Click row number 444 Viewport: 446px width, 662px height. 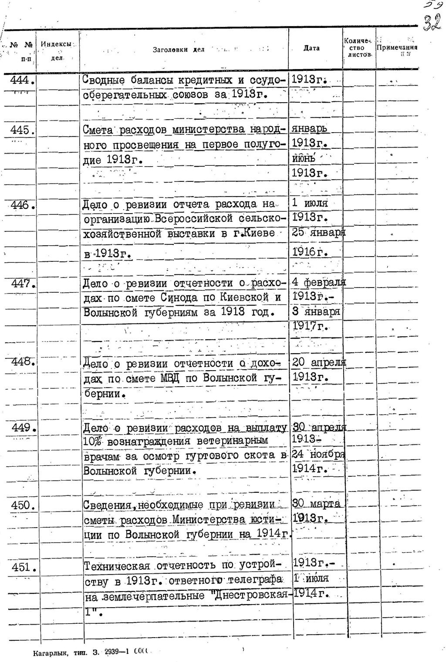(x=22, y=81)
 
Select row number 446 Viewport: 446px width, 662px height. (x=22, y=205)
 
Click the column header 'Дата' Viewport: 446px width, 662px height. (x=311, y=48)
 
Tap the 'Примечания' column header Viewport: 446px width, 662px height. (x=397, y=48)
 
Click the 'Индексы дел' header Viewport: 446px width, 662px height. (x=56, y=50)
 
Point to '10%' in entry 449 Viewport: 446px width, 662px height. (x=92, y=441)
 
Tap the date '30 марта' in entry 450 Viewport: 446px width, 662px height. (x=316, y=504)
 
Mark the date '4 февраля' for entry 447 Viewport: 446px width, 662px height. (x=318, y=283)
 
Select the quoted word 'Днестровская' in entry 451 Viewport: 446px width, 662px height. (x=252, y=595)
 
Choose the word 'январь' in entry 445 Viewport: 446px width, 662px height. (x=310, y=129)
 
